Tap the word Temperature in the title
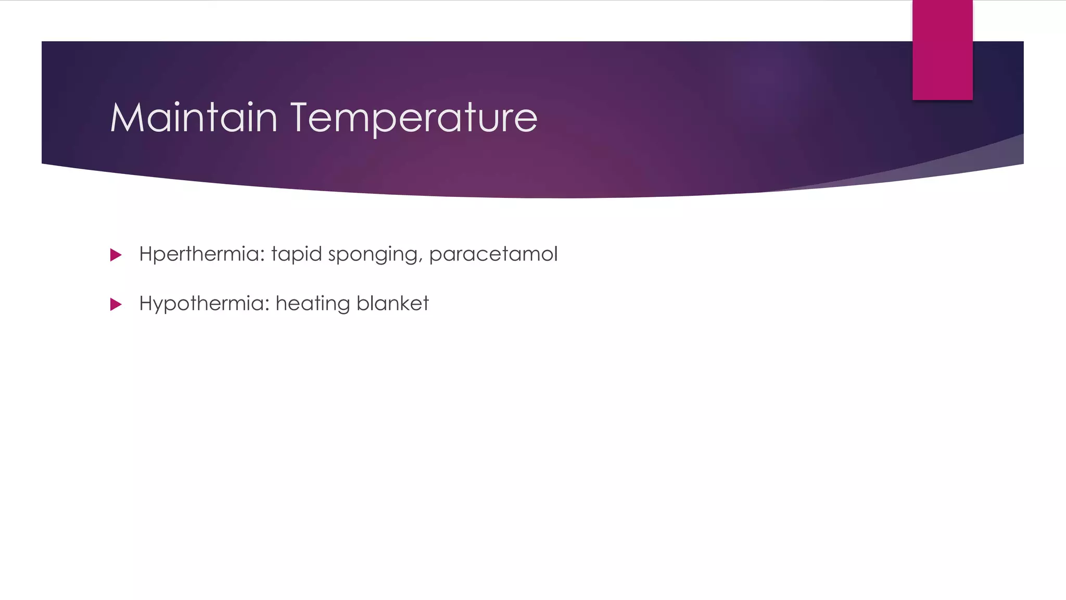[x=413, y=118]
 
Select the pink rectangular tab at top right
[x=942, y=49]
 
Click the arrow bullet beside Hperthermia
[x=116, y=255]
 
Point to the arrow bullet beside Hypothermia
[x=116, y=304]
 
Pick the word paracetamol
[x=493, y=254]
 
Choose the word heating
[x=312, y=304]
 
